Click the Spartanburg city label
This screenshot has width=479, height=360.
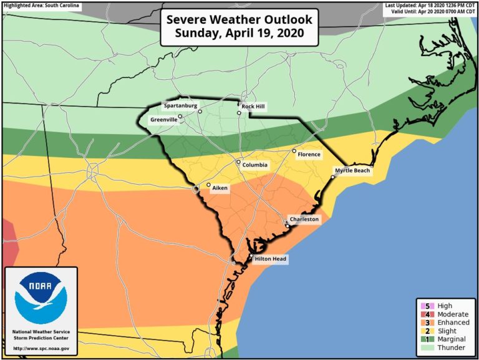(x=180, y=105)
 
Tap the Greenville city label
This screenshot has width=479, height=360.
(x=164, y=119)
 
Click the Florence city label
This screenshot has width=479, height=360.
(x=309, y=154)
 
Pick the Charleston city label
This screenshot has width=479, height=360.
(x=304, y=220)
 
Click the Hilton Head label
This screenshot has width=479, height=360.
(x=271, y=258)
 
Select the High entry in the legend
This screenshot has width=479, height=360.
(x=444, y=306)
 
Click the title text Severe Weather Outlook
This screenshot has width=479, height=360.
(x=239, y=19)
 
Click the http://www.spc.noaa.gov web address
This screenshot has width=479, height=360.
(x=41, y=348)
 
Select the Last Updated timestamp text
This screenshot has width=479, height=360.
(x=430, y=5)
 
